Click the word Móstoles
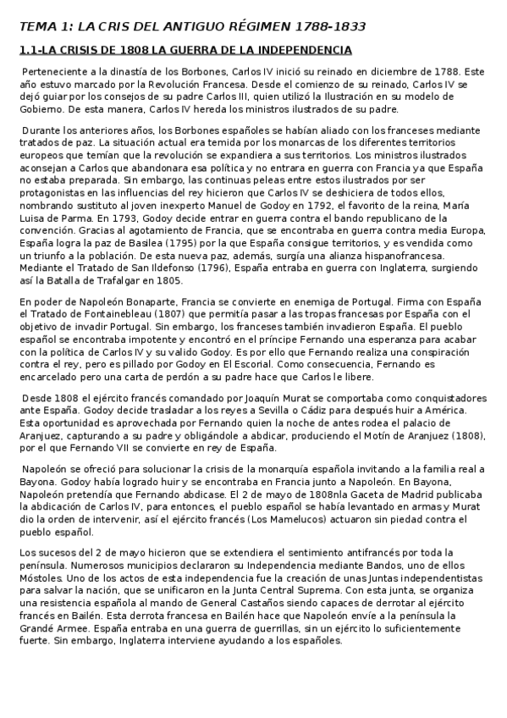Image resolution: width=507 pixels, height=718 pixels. (39, 572)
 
